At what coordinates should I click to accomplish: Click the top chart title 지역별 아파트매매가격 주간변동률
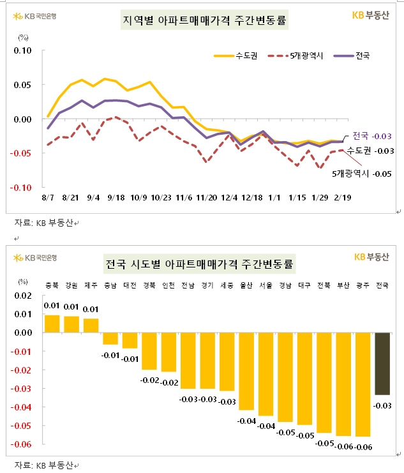tap(204, 21)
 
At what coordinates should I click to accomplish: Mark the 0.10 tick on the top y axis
tap(22, 50)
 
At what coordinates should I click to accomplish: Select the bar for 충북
tap(52, 324)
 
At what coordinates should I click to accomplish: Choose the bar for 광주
tap(364, 384)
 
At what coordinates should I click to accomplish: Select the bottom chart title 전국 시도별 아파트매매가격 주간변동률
tap(204, 264)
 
